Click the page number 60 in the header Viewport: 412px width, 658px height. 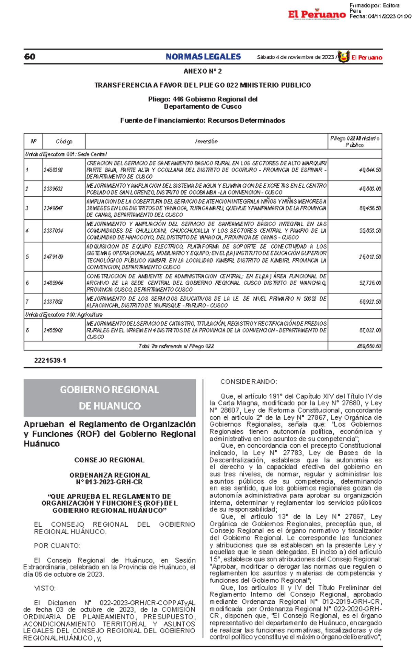pyautogui.click(x=30, y=57)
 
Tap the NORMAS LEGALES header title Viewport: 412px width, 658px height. pyautogui.click(x=203, y=57)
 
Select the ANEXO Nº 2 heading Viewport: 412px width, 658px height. pyautogui.click(x=203, y=72)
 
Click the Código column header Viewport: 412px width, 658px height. pyautogui.click(x=64, y=141)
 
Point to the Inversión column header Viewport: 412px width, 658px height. pyautogui.click(x=206, y=141)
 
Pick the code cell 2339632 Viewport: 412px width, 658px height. pyautogui.click(x=53, y=189)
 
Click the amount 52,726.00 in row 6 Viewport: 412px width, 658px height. pyautogui.click(x=370, y=283)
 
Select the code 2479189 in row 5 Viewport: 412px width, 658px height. pyautogui.click(x=53, y=257)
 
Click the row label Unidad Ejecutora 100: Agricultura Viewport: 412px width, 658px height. pyautogui.click(x=64, y=315)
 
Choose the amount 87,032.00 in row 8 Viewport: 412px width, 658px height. pyautogui.click(x=370, y=330)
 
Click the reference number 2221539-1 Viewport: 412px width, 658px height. pyautogui.click(x=50, y=361)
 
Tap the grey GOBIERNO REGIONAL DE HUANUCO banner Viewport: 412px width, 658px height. pyautogui.click(x=110, y=398)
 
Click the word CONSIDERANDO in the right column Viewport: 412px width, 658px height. pyautogui.click(x=248, y=382)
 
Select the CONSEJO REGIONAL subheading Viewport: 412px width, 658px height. pyautogui.click(x=109, y=460)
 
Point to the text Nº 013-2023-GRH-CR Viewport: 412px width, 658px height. pyautogui.click(x=109, y=482)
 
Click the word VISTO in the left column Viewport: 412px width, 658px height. pyautogui.click(x=45, y=588)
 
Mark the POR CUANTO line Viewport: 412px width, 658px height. pyautogui.click(x=57, y=546)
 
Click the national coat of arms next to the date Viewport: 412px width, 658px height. pyautogui.click(x=343, y=57)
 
